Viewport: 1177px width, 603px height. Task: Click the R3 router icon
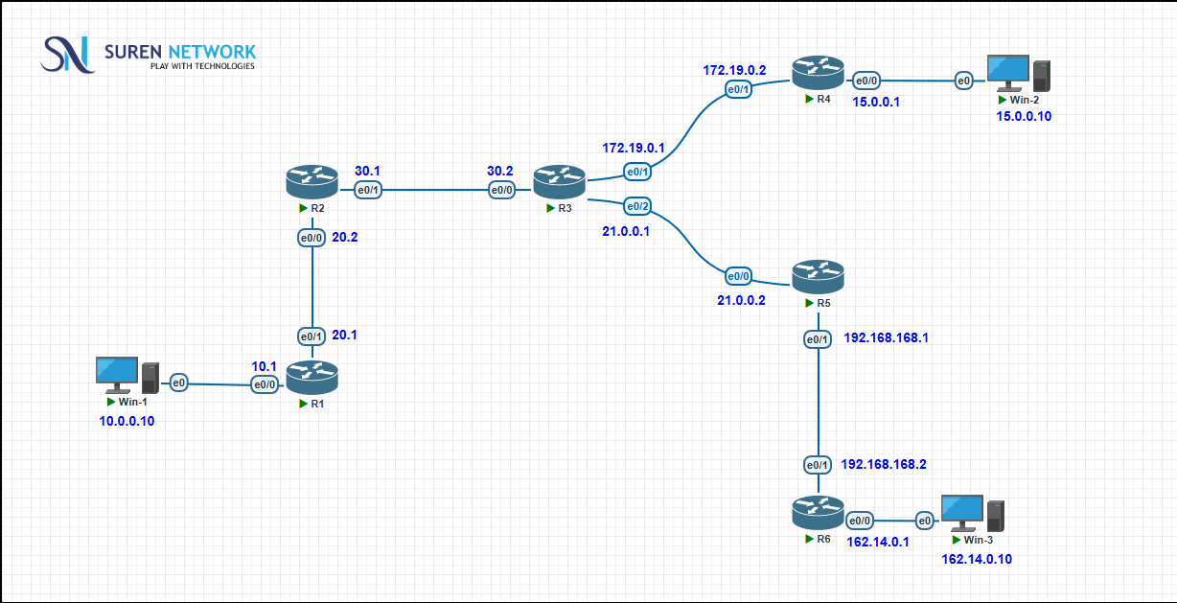[x=559, y=182]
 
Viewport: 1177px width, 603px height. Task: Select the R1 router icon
[x=312, y=378]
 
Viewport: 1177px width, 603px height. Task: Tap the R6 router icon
[x=819, y=513]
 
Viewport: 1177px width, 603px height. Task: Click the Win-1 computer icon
[x=127, y=376]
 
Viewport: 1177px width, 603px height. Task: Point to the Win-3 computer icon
[x=973, y=513]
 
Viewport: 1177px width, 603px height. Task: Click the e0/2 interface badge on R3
[x=637, y=206]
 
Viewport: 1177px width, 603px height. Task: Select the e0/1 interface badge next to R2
[x=368, y=190]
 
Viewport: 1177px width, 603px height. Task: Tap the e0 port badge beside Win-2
[x=963, y=81]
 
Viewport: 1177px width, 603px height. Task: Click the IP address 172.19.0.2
[x=734, y=70]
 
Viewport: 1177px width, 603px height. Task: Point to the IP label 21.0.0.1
[x=625, y=231]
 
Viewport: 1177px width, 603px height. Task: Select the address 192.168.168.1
[x=886, y=337]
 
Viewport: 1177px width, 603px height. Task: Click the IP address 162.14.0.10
[x=977, y=559]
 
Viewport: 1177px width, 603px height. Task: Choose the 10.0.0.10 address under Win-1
[x=127, y=421]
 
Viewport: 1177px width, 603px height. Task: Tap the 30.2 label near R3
[x=499, y=171]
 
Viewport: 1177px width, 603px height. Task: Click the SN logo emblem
[x=67, y=55]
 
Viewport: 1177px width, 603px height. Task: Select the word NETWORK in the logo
[x=211, y=52]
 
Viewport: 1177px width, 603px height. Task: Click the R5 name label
[x=823, y=303]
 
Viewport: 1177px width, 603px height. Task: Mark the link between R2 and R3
[x=435, y=190]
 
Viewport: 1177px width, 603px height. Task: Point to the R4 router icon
[x=819, y=73]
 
